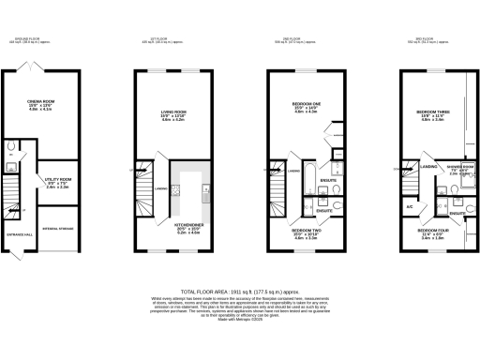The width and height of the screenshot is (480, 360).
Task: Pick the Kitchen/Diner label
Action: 189,226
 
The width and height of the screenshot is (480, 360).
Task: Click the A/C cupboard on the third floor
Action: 410,205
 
